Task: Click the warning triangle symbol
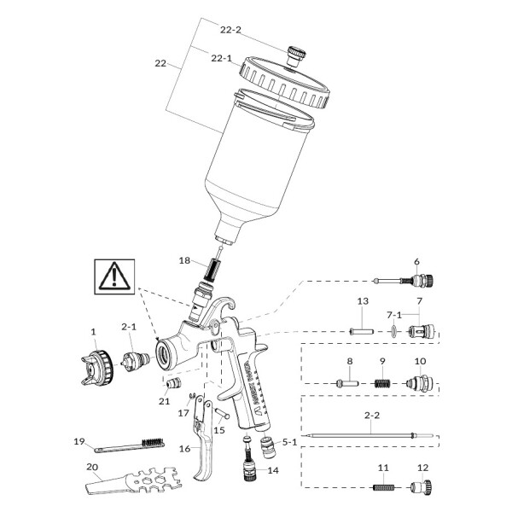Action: coord(113,277)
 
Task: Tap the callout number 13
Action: coord(361,301)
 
